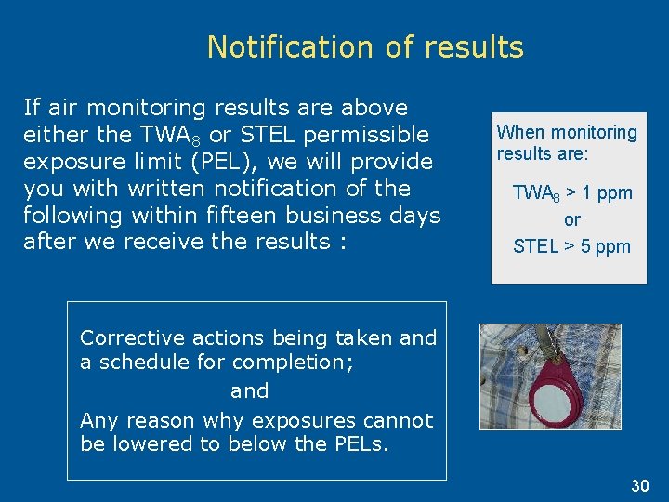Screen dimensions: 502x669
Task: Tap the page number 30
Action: click(640, 485)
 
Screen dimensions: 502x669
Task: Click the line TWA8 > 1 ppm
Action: click(571, 193)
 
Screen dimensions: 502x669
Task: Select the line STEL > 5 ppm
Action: click(571, 246)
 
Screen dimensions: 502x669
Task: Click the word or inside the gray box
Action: click(571, 219)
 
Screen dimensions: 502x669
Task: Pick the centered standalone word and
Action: click(249, 390)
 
